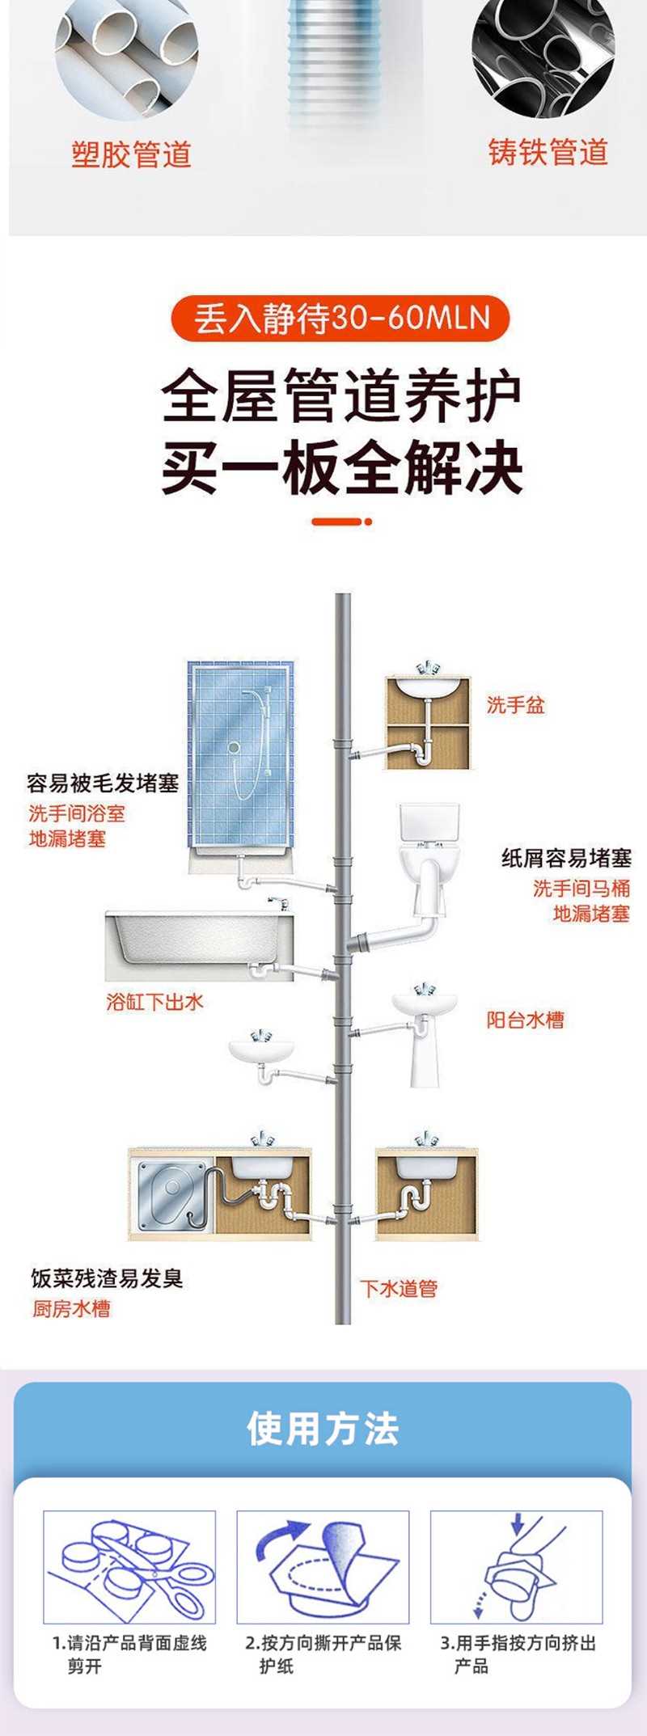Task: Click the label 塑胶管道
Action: (x=131, y=154)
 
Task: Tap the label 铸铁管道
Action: (x=548, y=152)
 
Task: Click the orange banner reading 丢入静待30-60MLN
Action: (x=340, y=318)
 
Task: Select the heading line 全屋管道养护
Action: (x=340, y=397)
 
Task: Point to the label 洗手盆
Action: (x=516, y=705)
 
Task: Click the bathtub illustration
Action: (x=199, y=944)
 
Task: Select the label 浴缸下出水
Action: (x=154, y=1002)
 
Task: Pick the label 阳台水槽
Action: (x=525, y=1020)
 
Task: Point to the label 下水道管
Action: (x=399, y=1288)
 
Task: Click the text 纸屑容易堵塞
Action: (x=566, y=858)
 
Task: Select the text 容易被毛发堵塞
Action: (x=103, y=783)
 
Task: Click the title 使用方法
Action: (x=323, y=1429)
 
